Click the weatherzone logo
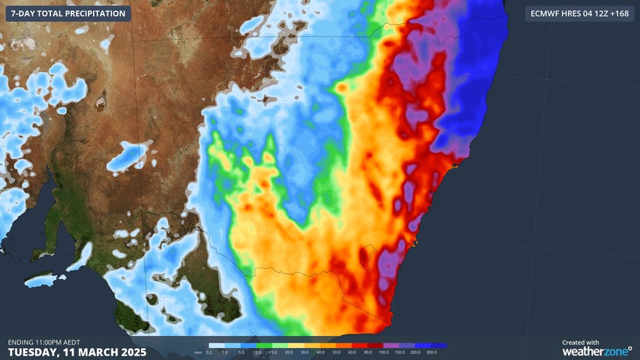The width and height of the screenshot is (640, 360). click(596, 351)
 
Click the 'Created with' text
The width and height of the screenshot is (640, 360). click(581, 342)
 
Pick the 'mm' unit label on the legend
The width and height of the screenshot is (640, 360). click(197, 352)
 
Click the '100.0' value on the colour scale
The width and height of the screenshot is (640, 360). click(383, 352)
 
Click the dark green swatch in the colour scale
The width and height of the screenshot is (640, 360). click(272, 346)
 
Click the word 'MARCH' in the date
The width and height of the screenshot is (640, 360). click(95, 352)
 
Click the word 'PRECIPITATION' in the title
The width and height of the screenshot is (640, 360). click(93, 14)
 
